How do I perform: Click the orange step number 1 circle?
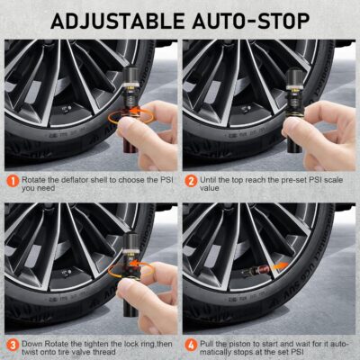12,180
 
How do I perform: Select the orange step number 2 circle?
191,180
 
